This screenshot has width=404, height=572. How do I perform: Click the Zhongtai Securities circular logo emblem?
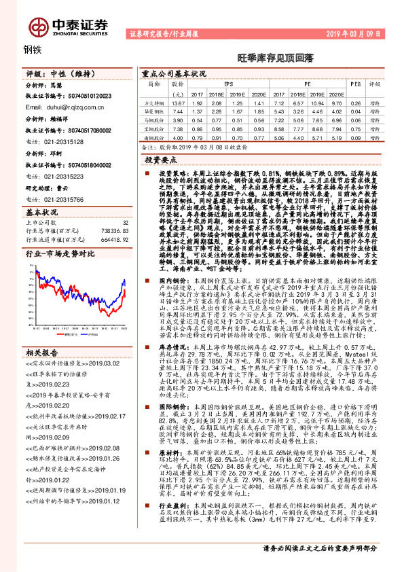click(35, 24)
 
